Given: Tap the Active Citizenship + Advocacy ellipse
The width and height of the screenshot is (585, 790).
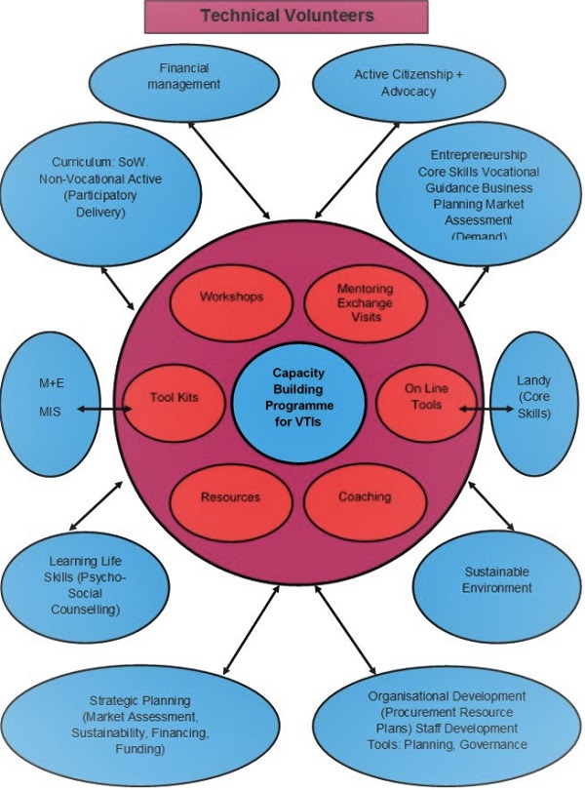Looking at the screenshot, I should point(394,82).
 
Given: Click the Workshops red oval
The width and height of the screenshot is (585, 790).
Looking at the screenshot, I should point(230,296).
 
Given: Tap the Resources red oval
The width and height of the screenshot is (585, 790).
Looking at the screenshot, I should point(230,496).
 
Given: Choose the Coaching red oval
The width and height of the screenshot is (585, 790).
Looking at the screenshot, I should point(365,496).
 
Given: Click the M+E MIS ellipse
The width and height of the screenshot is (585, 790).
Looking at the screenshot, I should point(51,398).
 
